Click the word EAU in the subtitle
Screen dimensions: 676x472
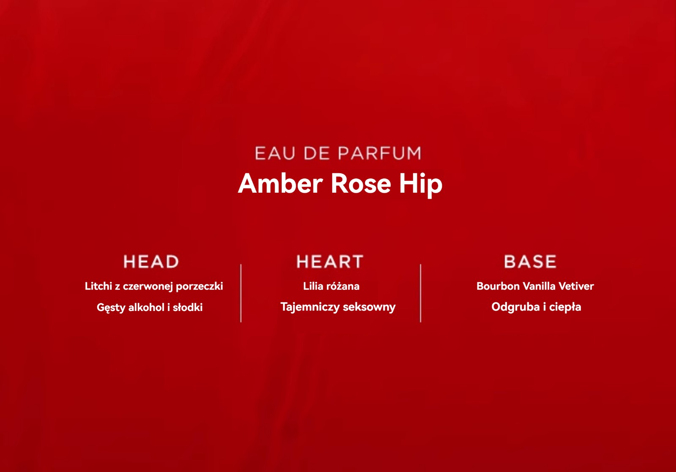275,153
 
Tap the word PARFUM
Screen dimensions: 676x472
380,153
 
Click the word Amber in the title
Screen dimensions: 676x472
281,183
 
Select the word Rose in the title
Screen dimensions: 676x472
361,183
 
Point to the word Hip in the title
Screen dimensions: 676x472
421,185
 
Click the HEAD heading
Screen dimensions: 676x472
151,261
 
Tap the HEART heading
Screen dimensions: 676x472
330,261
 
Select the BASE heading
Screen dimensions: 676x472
530,261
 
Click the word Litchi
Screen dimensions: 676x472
98,286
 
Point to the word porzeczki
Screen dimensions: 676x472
199,286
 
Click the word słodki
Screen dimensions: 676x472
188,307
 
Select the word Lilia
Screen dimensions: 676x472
313,286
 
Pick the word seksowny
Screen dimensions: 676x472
369,308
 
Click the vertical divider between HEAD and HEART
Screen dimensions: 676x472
241,293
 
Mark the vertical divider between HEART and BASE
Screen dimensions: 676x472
420,293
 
